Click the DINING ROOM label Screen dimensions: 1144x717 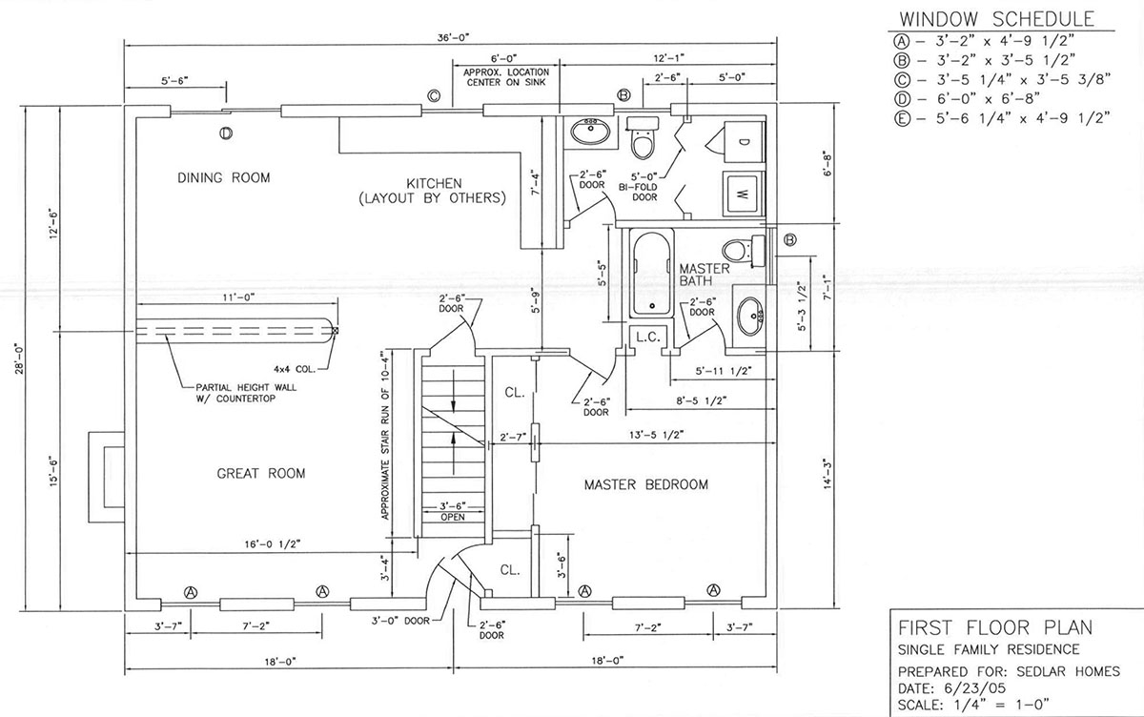click(x=224, y=177)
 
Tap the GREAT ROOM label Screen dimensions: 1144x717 click(x=261, y=474)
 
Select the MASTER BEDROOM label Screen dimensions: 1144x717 click(x=646, y=484)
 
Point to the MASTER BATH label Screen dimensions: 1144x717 click(x=705, y=275)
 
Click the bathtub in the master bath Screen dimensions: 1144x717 click(x=651, y=275)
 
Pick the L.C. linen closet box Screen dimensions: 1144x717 click(x=648, y=337)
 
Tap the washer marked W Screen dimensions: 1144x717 click(x=744, y=195)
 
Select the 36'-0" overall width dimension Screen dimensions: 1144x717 click(x=453, y=37)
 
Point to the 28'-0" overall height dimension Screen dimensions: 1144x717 click(x=20, y=358)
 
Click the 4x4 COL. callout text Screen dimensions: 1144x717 click(x=295, y=369)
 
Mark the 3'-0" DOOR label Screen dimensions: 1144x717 click(x=400, y=621)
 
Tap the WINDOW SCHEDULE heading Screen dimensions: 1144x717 click(x=997, y=19)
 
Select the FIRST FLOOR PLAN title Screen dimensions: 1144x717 click(x=995, y=627)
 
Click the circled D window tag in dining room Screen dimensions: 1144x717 click(x=226, y=133)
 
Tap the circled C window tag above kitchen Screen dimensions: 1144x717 click(x=434, y=95)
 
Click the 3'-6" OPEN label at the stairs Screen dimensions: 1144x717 click(x=453, y=512)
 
